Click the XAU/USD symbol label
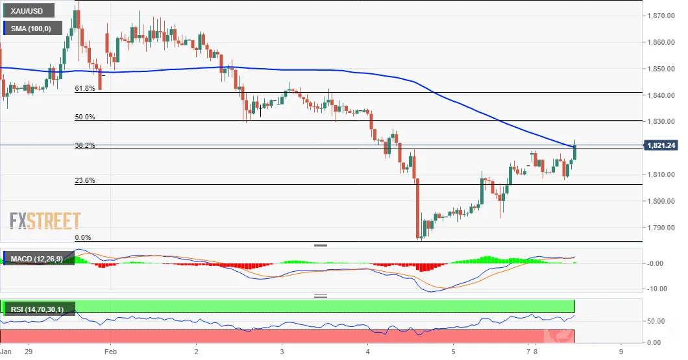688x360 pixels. coord(27,11)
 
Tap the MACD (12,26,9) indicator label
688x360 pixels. coord(37,259)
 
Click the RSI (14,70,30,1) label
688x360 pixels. coord(37,309)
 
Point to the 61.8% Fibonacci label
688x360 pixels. coord(84,88)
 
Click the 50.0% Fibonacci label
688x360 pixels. coord(84,117)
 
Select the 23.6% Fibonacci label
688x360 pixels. coord(84,180)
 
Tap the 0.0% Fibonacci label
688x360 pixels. coord(83,237)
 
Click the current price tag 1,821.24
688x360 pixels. coord(661,145)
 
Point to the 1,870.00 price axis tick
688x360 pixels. coord(661,16)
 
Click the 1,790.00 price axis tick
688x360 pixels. coord(661,228)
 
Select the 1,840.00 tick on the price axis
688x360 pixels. coord(661,95)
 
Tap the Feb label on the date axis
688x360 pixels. coord(110,352)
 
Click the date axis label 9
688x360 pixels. coord(621,352)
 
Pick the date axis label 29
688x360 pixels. coord(29,352)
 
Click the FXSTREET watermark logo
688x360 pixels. coord(45,221)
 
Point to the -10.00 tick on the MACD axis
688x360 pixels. coord(657,289)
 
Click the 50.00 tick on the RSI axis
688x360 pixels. coord(656,321)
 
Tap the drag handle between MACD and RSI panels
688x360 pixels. coord(321,296)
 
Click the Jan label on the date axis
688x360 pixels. coord(6,352)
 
